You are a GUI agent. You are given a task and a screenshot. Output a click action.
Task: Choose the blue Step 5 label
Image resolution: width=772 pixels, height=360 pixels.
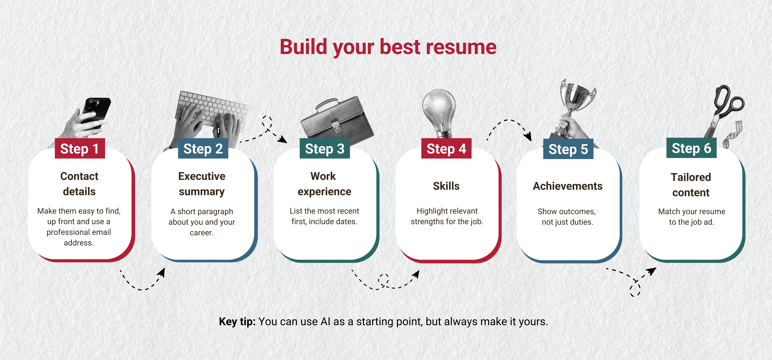tap(568, 149)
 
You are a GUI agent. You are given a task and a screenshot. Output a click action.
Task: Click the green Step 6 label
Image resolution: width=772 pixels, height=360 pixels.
tap(691, 148)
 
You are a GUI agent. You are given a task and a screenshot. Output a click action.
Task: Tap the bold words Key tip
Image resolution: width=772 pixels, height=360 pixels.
tap(237, 322)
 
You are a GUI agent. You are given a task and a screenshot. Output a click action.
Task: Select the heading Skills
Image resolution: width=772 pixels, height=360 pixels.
tap(446, 186)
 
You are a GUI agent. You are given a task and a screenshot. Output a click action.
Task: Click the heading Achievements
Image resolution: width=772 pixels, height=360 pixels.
tap(568, 186)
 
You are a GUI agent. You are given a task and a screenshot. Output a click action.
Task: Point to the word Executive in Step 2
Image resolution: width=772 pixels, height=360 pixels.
tap(202, 176)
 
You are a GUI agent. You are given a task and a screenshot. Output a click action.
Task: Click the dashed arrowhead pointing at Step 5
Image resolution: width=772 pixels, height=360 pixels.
tap(528, 136)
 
